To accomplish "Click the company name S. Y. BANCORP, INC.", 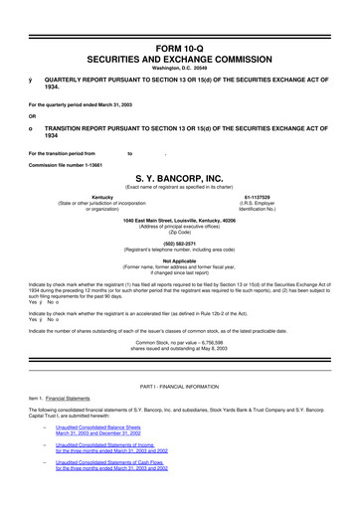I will pyautogui.click(x=180, y=179).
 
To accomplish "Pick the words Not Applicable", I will pyautogui.click(x=180, y=260).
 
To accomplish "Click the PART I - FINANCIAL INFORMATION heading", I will pyautogui.click(x=180, y=384).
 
